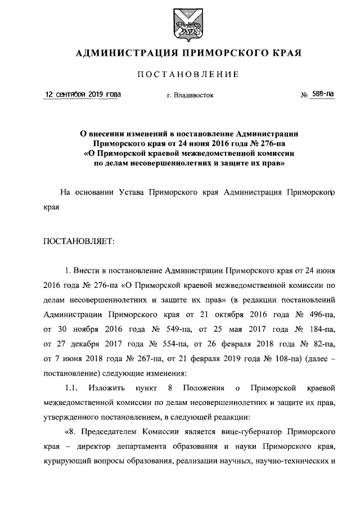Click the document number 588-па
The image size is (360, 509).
point(323,94)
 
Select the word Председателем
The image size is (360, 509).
point(113,432)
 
